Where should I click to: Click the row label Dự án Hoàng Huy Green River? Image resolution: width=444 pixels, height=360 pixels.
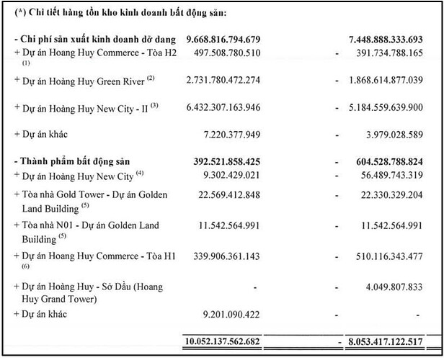(82, 79)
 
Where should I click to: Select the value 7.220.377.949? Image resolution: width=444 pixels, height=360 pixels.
(239, 135)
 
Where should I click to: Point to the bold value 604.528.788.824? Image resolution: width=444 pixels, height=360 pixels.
(395, 161)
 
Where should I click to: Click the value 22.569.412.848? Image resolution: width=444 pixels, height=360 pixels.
(239, 194)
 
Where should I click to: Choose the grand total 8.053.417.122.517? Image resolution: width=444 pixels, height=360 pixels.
(392, 341)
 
